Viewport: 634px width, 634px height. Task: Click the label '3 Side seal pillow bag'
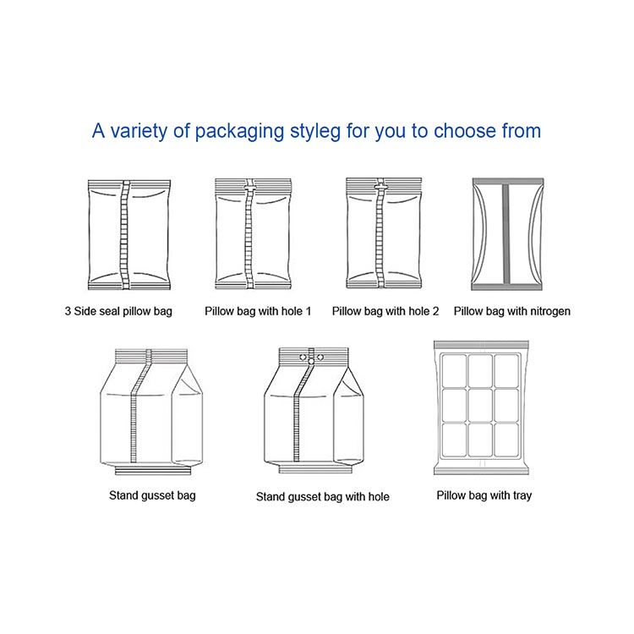(x=118, y=311)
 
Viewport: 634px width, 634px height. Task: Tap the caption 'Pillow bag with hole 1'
(x=258, y=311)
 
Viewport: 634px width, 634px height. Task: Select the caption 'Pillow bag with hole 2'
(x=385, y=311)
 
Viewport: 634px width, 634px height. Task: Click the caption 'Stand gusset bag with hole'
(x=323, y=497)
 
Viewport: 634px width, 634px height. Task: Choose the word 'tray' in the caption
(x=521, y=495)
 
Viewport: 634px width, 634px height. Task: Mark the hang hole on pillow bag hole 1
(x=249, y=184)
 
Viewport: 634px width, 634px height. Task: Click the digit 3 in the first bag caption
(x=68, y=311)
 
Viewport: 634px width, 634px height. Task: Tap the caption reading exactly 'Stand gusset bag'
(x=152, y=495)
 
